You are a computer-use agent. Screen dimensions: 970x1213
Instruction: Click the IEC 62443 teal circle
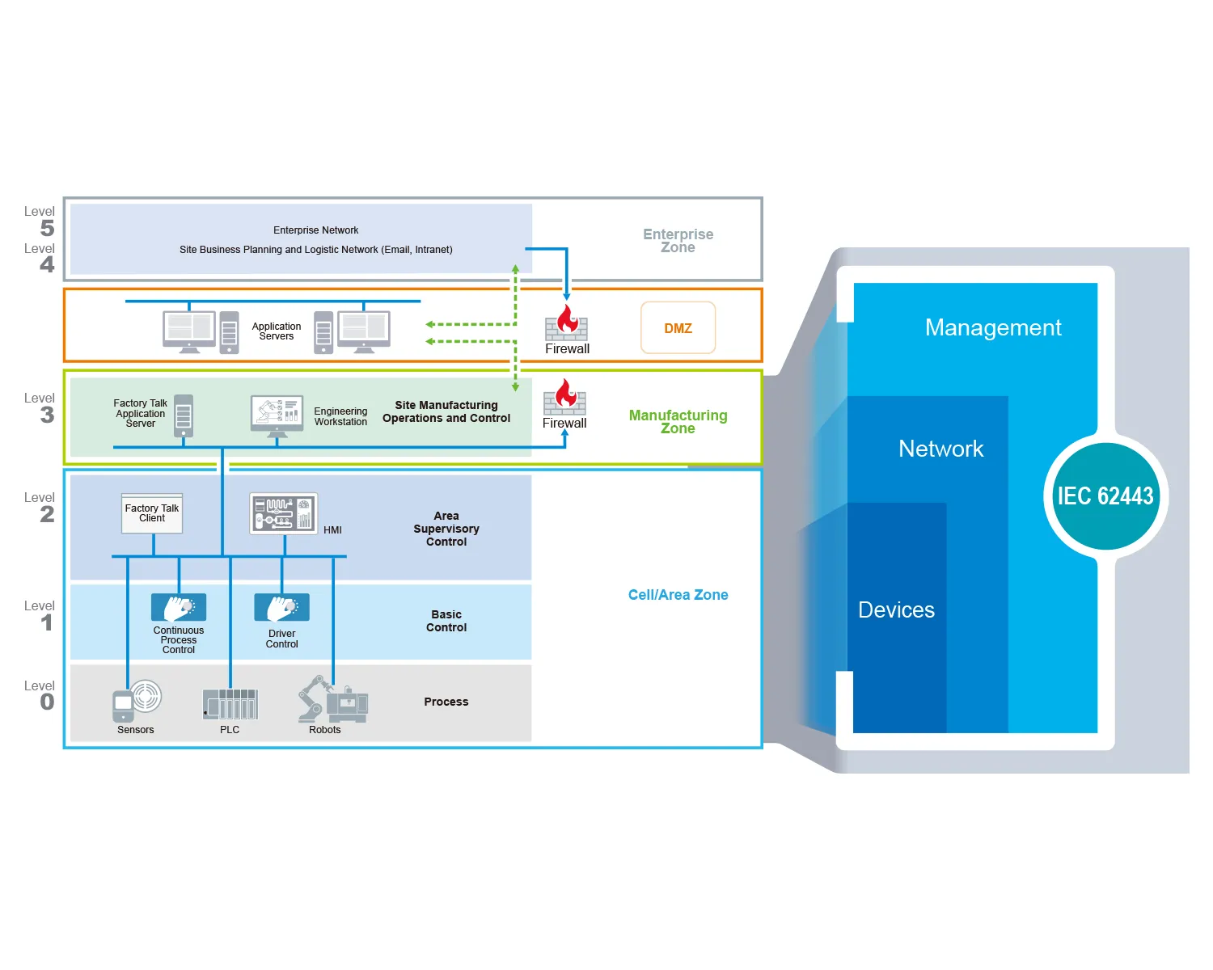click(x=1105, y=496)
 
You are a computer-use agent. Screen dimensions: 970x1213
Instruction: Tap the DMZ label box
click(x=678, y=328)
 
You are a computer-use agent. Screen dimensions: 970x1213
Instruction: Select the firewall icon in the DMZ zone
click(x=566, y=323)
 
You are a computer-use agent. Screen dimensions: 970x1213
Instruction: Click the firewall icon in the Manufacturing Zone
click(x=564, y=397)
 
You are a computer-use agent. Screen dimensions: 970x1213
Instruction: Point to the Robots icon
click(x=332, y=699)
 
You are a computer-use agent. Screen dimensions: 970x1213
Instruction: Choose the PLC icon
click(x=230, y=704)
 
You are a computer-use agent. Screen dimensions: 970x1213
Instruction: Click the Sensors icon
click(x=136, y=701)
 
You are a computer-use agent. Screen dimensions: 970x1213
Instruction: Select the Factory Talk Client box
click(x=152, y=513)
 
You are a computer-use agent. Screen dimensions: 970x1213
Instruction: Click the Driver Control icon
click(x=281, y=608)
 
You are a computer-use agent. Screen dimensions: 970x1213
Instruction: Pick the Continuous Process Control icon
click(x=179, y=608)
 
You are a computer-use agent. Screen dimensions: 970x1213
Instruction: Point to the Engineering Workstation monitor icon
click(x=277, y=414)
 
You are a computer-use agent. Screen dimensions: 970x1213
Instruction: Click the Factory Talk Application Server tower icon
click(x=184, y=415)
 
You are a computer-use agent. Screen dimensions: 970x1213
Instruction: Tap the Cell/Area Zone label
click(x=678, y=595)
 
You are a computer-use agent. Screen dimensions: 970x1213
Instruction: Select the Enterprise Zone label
click(x=678, y=241)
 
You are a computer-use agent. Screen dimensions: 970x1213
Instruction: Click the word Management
click(x=993, y=327)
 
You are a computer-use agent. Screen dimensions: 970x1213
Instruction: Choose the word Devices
click(x=896, y=610)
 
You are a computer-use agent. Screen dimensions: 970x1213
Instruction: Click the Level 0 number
click(x=48, y=702)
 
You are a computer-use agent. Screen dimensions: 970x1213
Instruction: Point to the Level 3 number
click(x=48, y=415)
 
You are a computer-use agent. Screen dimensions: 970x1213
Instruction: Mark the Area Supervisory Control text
click(x=446, y=529)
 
